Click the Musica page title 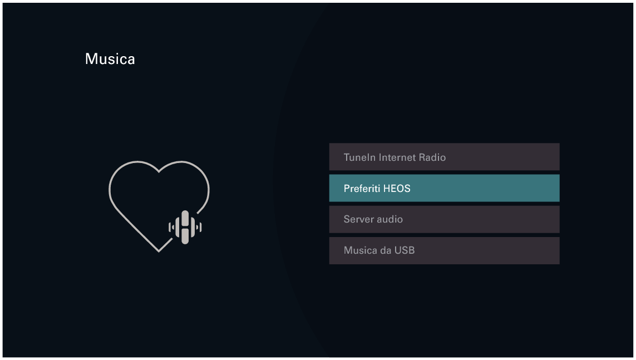[110, 59]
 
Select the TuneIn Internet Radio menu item [444, 157]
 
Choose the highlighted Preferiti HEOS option [444, 188]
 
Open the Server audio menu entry [444, 219]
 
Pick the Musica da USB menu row [444, 250]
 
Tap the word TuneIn [359, 157]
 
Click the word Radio [433, 157]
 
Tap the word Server [358, 219]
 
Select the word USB [405, 250]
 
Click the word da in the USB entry [386, 250]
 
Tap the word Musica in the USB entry [360, 250]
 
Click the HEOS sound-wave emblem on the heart [185, 227]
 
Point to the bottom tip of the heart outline [159, 251]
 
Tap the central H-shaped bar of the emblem [185, 227]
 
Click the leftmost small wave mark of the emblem [170, 227]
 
